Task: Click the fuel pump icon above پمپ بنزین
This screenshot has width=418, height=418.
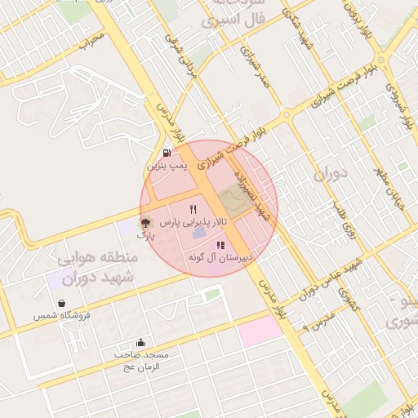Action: point(167,152)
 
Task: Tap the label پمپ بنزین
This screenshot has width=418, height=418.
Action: point(167,166)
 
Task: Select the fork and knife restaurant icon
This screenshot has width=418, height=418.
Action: point(193,209)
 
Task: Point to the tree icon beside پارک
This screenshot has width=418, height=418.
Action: point(145,222)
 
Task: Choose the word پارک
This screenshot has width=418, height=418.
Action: point(145,235)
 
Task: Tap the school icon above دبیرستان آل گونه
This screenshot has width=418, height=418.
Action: point(220,245)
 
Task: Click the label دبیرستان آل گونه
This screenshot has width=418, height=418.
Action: point(221,258)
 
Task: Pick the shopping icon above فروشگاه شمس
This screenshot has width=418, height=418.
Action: point(61,303)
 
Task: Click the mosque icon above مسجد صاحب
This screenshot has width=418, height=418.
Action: point(141,343)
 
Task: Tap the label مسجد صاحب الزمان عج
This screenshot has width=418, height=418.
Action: point(141,361)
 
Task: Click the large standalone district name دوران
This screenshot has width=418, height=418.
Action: point(331,174)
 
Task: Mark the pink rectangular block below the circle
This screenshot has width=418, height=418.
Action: point(260,330)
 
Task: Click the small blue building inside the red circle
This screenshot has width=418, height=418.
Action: point(199,234)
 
